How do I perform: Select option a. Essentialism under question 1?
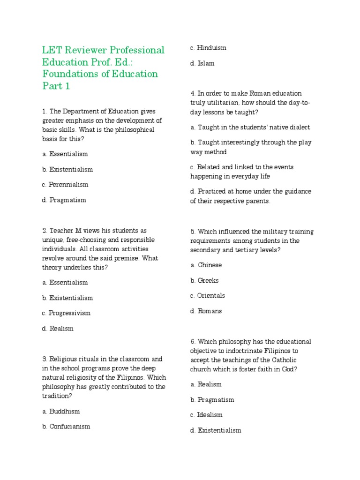(65, 154)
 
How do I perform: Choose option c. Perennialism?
(65, 185)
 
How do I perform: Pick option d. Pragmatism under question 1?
(64, 200)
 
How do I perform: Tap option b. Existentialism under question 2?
(67, 298)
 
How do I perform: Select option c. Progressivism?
(66, 313)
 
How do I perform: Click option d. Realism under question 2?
(58, 329)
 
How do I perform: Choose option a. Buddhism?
(60, 412)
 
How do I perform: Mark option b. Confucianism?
(66, 427)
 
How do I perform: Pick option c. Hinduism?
(208, 48)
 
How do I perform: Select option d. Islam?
(202, 63)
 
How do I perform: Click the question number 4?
(192, 93)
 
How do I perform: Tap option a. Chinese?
(206, 265)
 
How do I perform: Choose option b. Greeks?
(204, 281)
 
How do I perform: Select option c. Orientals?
(207, 296)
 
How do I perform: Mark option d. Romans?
(206, 311)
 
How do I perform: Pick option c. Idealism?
(206, 415)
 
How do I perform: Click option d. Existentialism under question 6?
(216, 430)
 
